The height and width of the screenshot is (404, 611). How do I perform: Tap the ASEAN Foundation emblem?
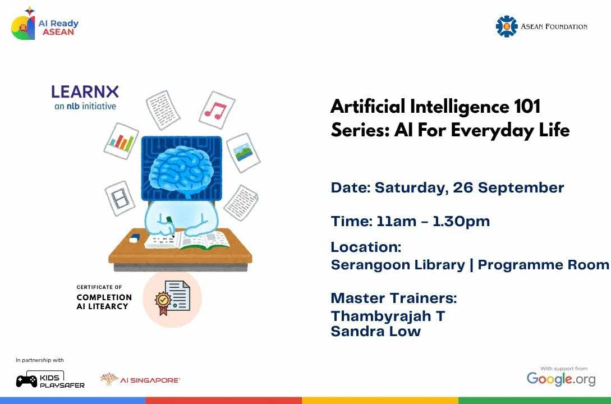click(506, 26)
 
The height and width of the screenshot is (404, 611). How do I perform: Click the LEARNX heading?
click(85, 92)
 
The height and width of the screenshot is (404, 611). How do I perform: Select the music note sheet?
click(217, 110)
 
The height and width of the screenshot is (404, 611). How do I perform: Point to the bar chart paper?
click(121, 141)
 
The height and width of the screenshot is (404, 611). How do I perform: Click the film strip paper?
click(120, 198)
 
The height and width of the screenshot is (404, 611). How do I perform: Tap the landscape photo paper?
click(244, 153)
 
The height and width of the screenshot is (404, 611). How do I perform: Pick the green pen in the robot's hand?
click(170, 226)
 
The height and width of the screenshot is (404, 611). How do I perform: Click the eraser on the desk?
click(134, 237)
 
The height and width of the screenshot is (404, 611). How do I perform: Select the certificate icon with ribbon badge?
click(172, 299)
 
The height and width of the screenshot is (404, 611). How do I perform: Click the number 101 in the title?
click(527, 107)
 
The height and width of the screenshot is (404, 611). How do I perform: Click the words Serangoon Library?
click(398, 265)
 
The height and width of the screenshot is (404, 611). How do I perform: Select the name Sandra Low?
click(376, 332)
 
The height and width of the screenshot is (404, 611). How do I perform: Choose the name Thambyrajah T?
click(388, 316)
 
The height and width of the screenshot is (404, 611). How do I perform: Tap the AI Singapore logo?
click(140, 380)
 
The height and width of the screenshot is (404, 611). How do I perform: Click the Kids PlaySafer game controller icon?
click(26, 380)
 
